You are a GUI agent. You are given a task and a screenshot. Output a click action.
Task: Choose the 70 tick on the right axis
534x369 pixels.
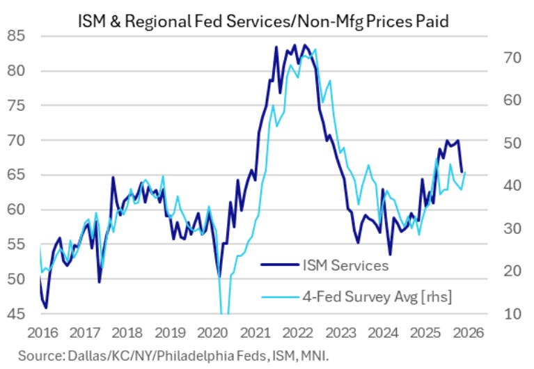coord(511,58)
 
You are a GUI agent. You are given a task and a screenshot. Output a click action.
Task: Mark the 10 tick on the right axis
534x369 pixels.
coord(511,315)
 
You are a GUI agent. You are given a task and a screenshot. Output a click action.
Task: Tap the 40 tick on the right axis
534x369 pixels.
coord(511,186)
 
